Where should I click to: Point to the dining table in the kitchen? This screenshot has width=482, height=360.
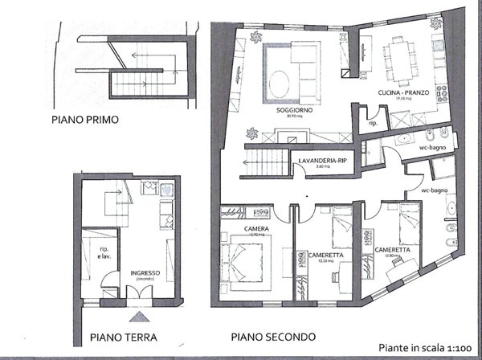(x=403, y=60)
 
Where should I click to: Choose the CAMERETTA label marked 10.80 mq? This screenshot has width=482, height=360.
(x=392, y=251)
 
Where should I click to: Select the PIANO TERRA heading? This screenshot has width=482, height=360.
(x=122, y=338)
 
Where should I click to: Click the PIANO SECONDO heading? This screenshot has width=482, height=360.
(x=273, y=337)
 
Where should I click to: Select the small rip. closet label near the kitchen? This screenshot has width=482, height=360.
(x=373, y=125)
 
